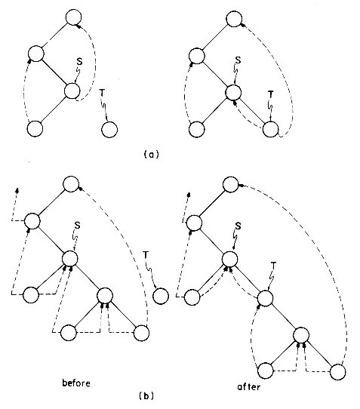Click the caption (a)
(x=151, y=155)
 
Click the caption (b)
(x=146, y=396)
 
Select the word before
(x=76, y=383)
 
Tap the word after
(x=248, y=386)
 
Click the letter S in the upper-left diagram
(x=79, y=62)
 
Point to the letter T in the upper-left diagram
(x=102, y=93)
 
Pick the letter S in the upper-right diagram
(x=238, y=60)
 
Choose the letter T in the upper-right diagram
(x=271, y=94)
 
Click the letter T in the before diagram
(x=146, y=255)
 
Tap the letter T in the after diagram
(x=273, y=266)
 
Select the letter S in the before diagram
(x=77, y=225)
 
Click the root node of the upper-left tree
(x=73, y=17)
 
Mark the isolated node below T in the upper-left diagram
(x=109, y=129)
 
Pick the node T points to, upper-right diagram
(x=270, y=129)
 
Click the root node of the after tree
(x=231, y=184)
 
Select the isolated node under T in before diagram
(x=161, y=296)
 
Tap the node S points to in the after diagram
(x=230, y=259)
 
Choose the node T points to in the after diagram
(x=266, y=298)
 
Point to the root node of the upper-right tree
(x=234, y=19)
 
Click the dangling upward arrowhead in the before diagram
(x=17, y=190)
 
